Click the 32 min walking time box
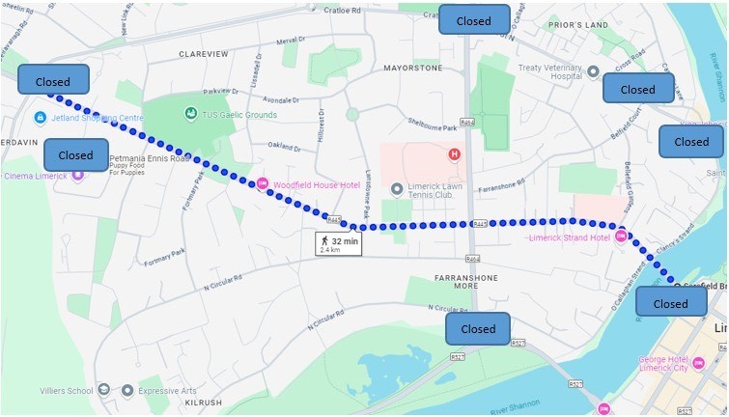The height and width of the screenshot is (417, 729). pyautogui.click(x=338, y=244)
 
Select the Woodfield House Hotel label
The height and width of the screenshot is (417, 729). pyautogui.click(x=316, y=184)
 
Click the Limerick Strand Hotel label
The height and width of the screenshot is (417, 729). pyautogui.click(x=569, y=237)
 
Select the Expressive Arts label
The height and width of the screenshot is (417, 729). pyautogui.click(x=170, y=391)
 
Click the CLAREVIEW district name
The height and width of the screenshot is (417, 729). pyautogui.click(x=203, y=55)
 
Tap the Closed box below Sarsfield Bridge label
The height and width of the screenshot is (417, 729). pyautogui.click(x=670, y=303)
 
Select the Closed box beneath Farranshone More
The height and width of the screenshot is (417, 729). pyautogui.click(x=478, y=328)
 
